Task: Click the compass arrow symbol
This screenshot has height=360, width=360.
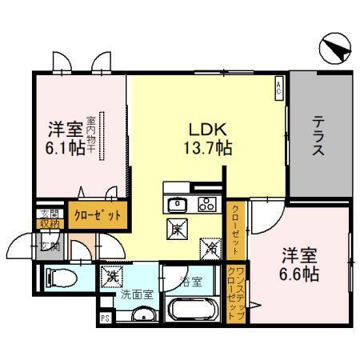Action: pyautogui.click(x=334, y=50)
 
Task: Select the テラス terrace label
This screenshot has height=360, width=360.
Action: pyautogui.click(x=318, y=137)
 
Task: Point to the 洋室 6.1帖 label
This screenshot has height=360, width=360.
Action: pyautogui.click(x=66, y=138)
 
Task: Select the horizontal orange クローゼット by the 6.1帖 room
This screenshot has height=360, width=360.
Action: pyautogui.click(x=97, y=216)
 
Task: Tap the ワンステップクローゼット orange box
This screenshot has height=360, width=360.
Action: pyautogui.click(x=236, y=293)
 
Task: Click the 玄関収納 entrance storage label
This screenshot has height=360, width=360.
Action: pyautogui.click(x=46, y=218)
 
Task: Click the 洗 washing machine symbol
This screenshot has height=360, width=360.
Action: pyautogui.click(x=110, y=276)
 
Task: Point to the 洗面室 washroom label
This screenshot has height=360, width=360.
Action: pyautogui.click(x=137, y=294)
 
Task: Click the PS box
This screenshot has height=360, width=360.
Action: pyautogui.click(x=105, y=318)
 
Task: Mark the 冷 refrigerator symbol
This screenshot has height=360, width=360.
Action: pyautogui.click(x=210, y=248)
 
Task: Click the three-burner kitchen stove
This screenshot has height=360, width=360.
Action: pyautogui.click(x=205, y=202)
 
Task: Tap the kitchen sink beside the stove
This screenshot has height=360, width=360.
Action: pyautogui.click(x=177, y=202)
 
